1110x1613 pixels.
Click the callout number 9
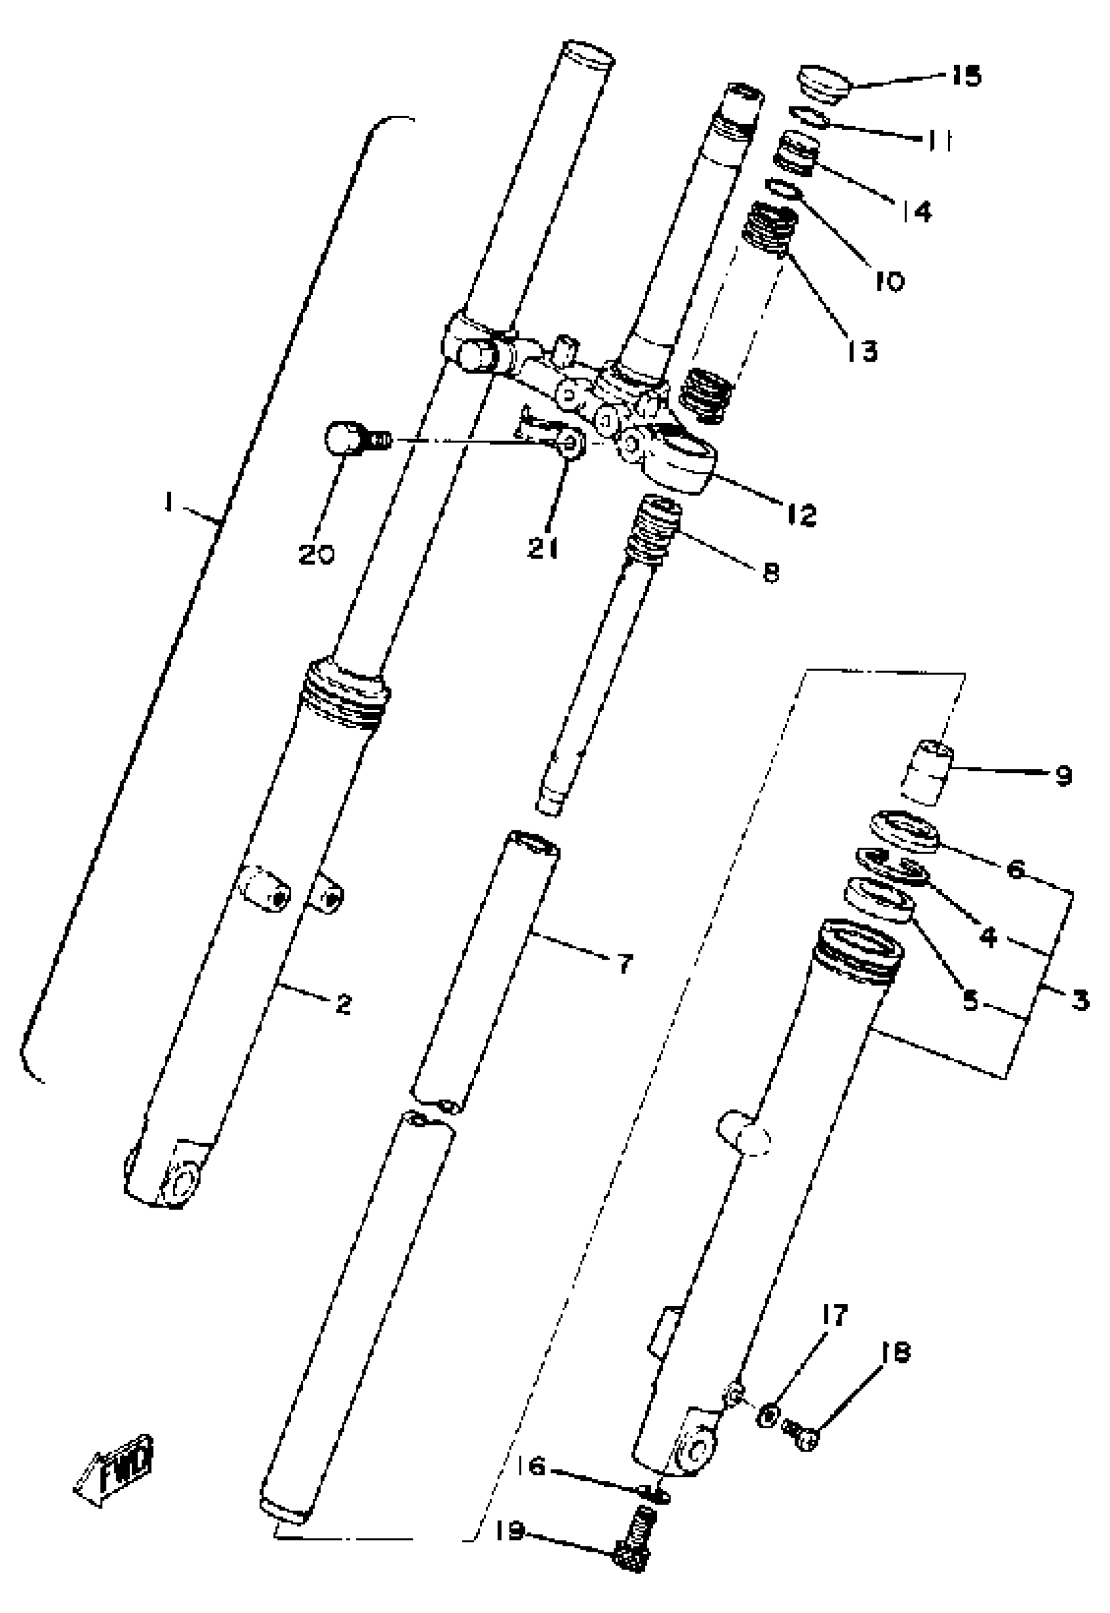coord(1063,775)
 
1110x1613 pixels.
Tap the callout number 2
coord(343,1004)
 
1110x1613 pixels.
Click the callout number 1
coord(167,503)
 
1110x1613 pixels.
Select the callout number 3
coord(1079,1001)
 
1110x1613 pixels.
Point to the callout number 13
coord(863,351)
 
